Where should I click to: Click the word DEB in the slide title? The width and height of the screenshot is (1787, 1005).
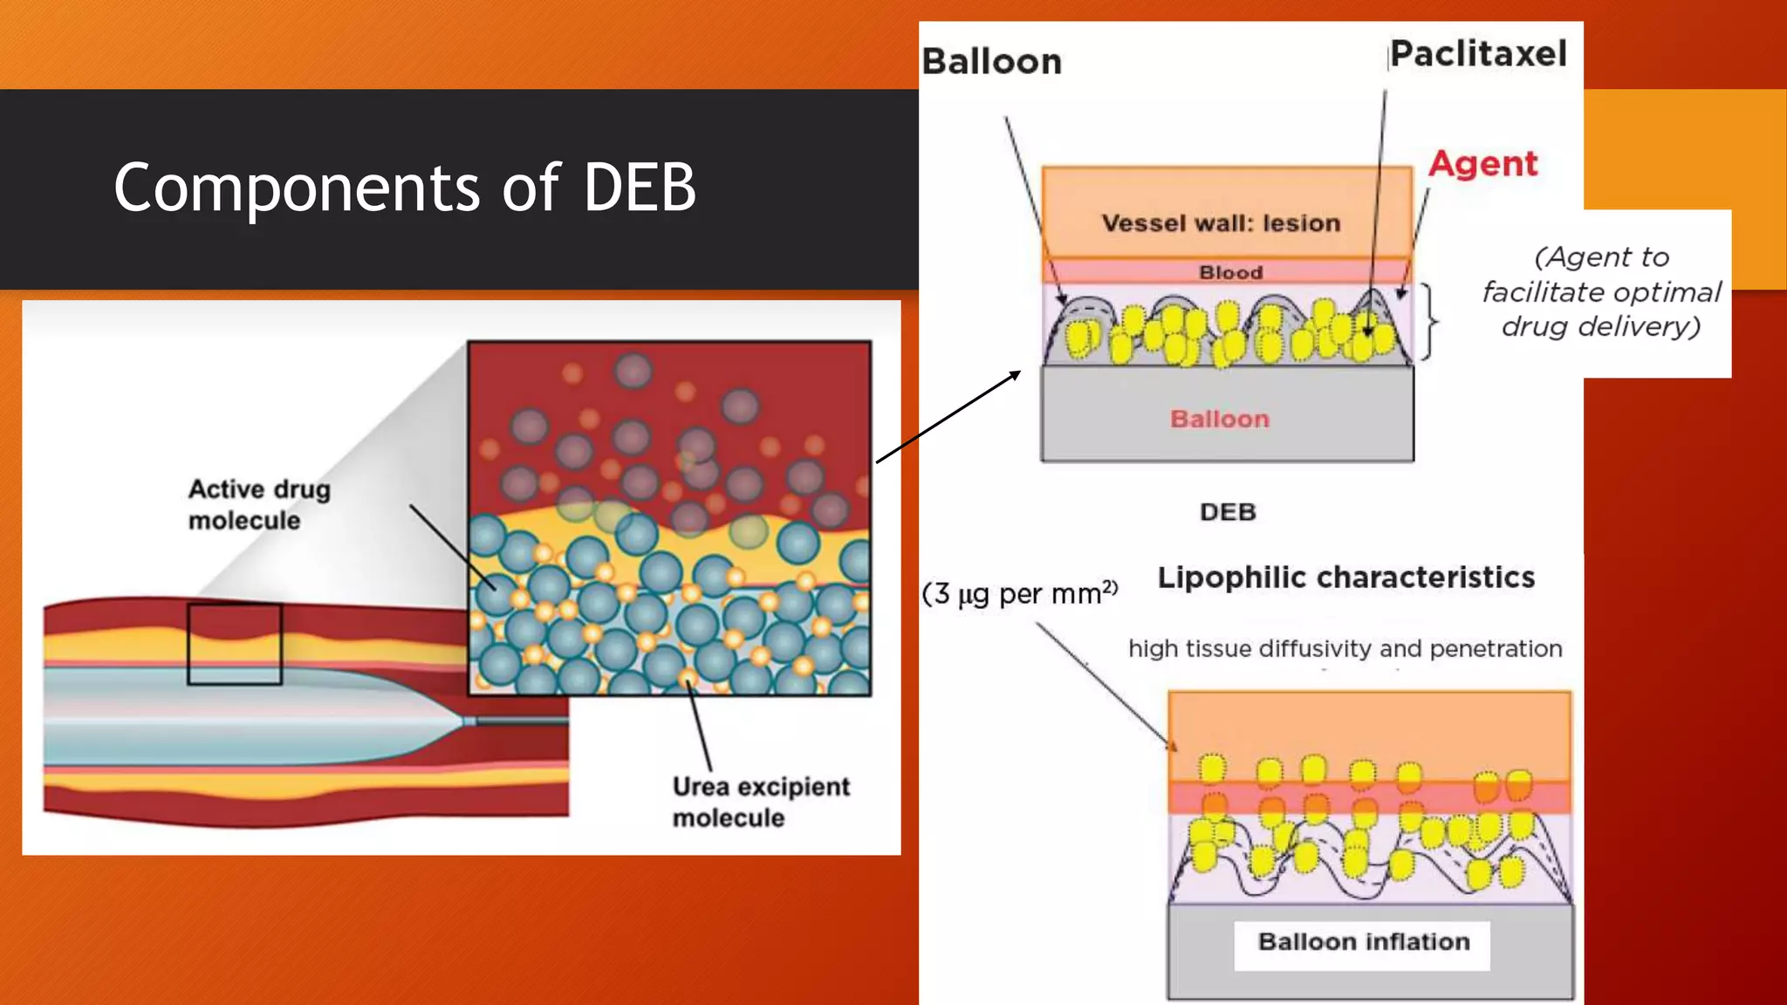point(639,188)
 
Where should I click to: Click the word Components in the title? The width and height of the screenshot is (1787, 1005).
point(297,188)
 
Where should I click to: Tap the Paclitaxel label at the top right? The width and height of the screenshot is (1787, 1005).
point(1478,54)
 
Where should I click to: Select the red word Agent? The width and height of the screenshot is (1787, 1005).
point(1482,164)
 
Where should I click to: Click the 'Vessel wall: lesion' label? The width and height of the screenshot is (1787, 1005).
point(1221,223)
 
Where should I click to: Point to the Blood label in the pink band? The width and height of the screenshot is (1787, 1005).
point(1230,272)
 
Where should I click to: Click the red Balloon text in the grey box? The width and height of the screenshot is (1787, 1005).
point(1219,419)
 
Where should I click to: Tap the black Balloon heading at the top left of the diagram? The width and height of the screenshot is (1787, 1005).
point(991,62)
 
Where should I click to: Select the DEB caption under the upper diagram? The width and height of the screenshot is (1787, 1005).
point(1227,512)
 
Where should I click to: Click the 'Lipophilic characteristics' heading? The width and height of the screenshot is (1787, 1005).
point(1345,578)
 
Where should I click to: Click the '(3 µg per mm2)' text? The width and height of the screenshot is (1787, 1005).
point(1019,594)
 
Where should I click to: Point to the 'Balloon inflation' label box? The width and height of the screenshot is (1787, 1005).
point(1363,942)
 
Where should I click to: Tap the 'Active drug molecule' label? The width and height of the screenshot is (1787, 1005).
point(258,504)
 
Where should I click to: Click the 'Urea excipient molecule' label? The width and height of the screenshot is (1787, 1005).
point(759,802)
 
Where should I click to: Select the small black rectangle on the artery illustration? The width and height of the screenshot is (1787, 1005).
point(234,644)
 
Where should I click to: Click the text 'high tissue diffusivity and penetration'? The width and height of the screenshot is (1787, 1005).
point(1345,648)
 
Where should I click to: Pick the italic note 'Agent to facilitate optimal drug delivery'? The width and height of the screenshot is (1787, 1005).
point(1601,291)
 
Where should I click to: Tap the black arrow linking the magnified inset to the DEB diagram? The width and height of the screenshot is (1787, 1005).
point(948,416)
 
